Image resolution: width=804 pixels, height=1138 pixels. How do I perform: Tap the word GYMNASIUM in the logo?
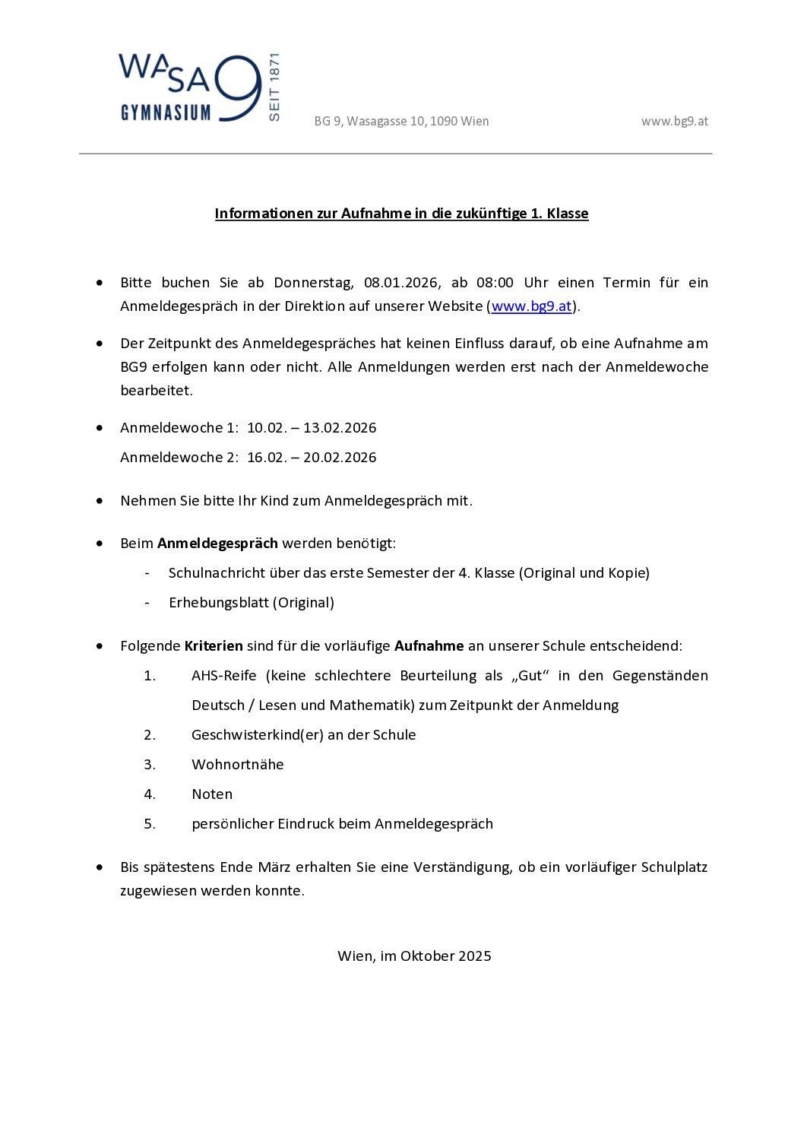point(166,113)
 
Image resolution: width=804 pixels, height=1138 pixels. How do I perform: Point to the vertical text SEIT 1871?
point(274,87)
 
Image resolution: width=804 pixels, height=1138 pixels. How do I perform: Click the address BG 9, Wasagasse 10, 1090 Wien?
point(401,121)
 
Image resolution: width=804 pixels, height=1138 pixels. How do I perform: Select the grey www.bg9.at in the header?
point(674,121)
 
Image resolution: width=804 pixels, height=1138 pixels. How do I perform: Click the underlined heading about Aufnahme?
point(401,214)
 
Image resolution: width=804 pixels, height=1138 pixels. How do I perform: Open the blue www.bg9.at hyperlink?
point(531,306)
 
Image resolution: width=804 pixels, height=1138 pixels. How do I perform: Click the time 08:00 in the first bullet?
point(495,283)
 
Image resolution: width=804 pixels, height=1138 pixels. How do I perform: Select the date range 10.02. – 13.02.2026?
point(312,428)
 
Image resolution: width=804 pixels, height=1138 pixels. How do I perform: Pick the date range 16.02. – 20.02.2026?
point(312,458)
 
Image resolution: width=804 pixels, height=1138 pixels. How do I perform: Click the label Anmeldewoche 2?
point(179,458)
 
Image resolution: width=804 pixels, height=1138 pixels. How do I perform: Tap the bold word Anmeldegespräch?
point(217,544)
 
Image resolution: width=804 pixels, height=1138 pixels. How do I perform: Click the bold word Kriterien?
point(214,646)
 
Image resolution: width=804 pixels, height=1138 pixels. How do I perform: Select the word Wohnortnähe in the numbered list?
point(237,765)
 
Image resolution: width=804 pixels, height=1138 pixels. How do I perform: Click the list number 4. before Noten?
point(150,794)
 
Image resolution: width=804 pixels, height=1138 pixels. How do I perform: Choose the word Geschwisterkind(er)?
point(257,735)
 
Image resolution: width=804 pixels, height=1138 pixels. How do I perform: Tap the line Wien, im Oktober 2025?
point(414,956)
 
